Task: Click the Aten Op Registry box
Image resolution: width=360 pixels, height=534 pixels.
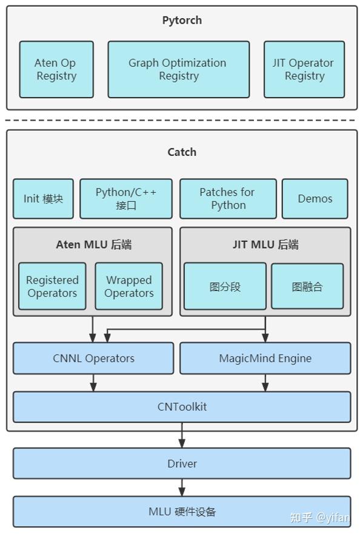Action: pyautogui.click(x=56, y=70)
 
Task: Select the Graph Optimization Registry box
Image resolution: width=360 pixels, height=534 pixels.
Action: pyautogui.click(x=178, y=70)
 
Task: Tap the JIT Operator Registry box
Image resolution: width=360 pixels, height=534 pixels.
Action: pyautogui.click(x=304, y=70)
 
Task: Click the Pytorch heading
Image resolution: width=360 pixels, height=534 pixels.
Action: pyautogui.click(x=182, y=21)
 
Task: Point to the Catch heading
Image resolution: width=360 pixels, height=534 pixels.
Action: pyautogui.click(x=182, y=152)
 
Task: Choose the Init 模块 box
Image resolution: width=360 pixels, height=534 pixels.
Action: pyautogui.click(x=43, y=199)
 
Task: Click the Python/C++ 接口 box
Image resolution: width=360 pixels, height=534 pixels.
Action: pyautogui.click(x=126, y=199)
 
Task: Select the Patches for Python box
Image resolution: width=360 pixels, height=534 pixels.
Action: pyautogui.click(x=228, y=199)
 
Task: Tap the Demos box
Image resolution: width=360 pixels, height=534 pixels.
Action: pyautogui.click(x=315, y=199)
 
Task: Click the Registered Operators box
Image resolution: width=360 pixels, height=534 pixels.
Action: pyautogui.click(x=52, y=286)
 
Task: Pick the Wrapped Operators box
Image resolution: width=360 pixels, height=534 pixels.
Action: pyautogui.click(x=128, y=286)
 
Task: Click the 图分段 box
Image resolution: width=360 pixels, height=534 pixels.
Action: pyautogui.click(x=225, y=286)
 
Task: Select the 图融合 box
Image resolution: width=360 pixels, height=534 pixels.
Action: pyautogui.click(x=307, y=286)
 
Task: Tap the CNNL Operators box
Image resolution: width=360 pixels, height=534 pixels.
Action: pyautogui.click(x=93, y=358)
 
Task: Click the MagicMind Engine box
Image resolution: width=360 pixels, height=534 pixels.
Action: pyautogui.click(x=265, y=358)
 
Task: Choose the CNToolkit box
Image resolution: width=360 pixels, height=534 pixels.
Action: pyautogui.click(x=182, y=407)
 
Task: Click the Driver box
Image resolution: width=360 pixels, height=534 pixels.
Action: pyautogui.click(x=182, y=464)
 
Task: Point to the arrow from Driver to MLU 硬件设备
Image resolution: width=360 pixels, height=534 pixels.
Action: pyautogui.click(x=182, y=487)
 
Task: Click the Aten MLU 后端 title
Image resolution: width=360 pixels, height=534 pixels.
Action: pyautogui.click(x=94, y=244)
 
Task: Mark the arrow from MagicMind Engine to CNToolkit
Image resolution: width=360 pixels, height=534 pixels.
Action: pyautogui.click(x=265, y=383)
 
